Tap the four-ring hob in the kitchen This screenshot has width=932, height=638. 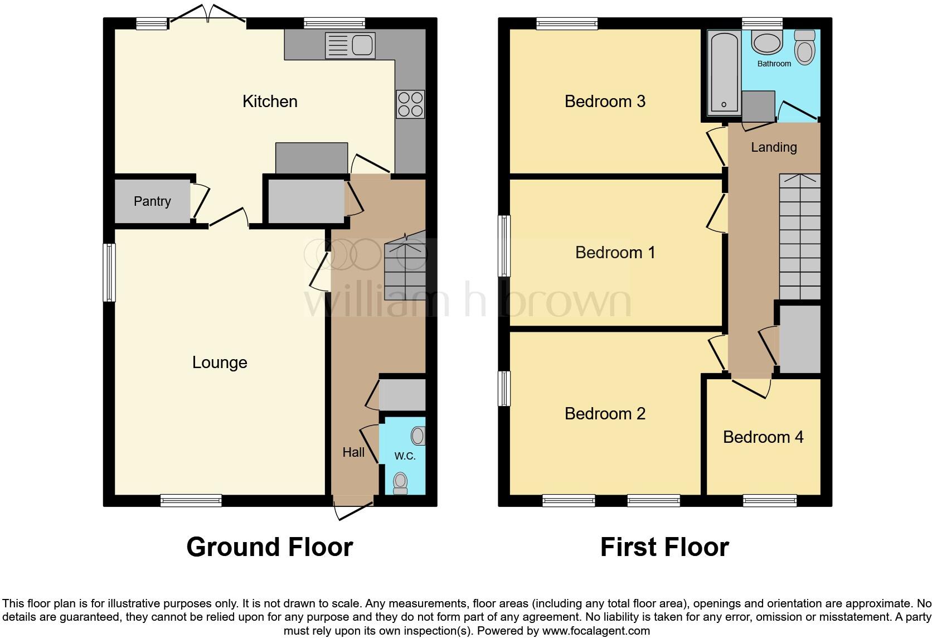(x=410, y=104)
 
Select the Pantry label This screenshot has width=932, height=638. (x=152, y=201)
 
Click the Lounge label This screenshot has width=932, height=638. (x=220, y=362)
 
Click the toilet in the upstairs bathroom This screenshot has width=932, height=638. (x=804, y=47)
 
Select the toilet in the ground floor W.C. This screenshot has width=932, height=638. (x=401, y=483)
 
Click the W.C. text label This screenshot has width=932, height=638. (x=405, y=456)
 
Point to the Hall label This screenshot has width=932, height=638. (x=353, y=452)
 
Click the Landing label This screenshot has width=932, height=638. (x=774, y=147)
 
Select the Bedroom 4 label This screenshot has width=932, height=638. (x=763, y=437)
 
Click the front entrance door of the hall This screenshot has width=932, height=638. (x=353, y=509)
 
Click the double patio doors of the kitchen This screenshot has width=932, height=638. (x=207, y=16)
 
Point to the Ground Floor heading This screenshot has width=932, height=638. (x=270, y=547)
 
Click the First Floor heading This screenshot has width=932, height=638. (x=664, y=547)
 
